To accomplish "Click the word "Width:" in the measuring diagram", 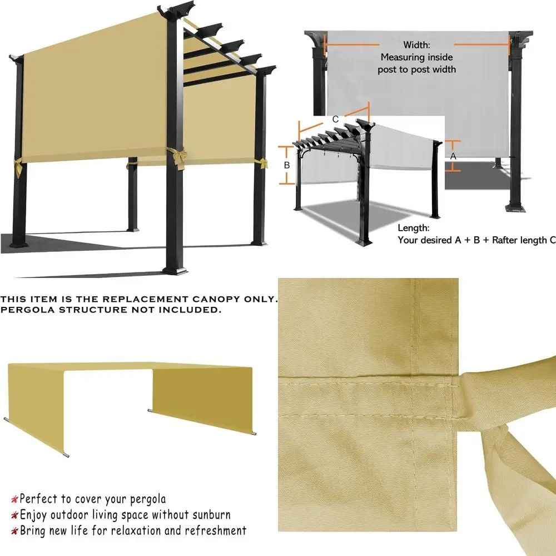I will point(416,44).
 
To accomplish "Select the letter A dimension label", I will point(453,157).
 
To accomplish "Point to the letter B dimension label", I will point(287,165).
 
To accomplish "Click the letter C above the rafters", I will point(335,119).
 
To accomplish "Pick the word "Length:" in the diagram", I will point(414,228).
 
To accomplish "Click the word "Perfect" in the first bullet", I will point(38,499).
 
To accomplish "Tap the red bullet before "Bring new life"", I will point(15,531).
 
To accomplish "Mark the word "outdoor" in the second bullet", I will point(69,514).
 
